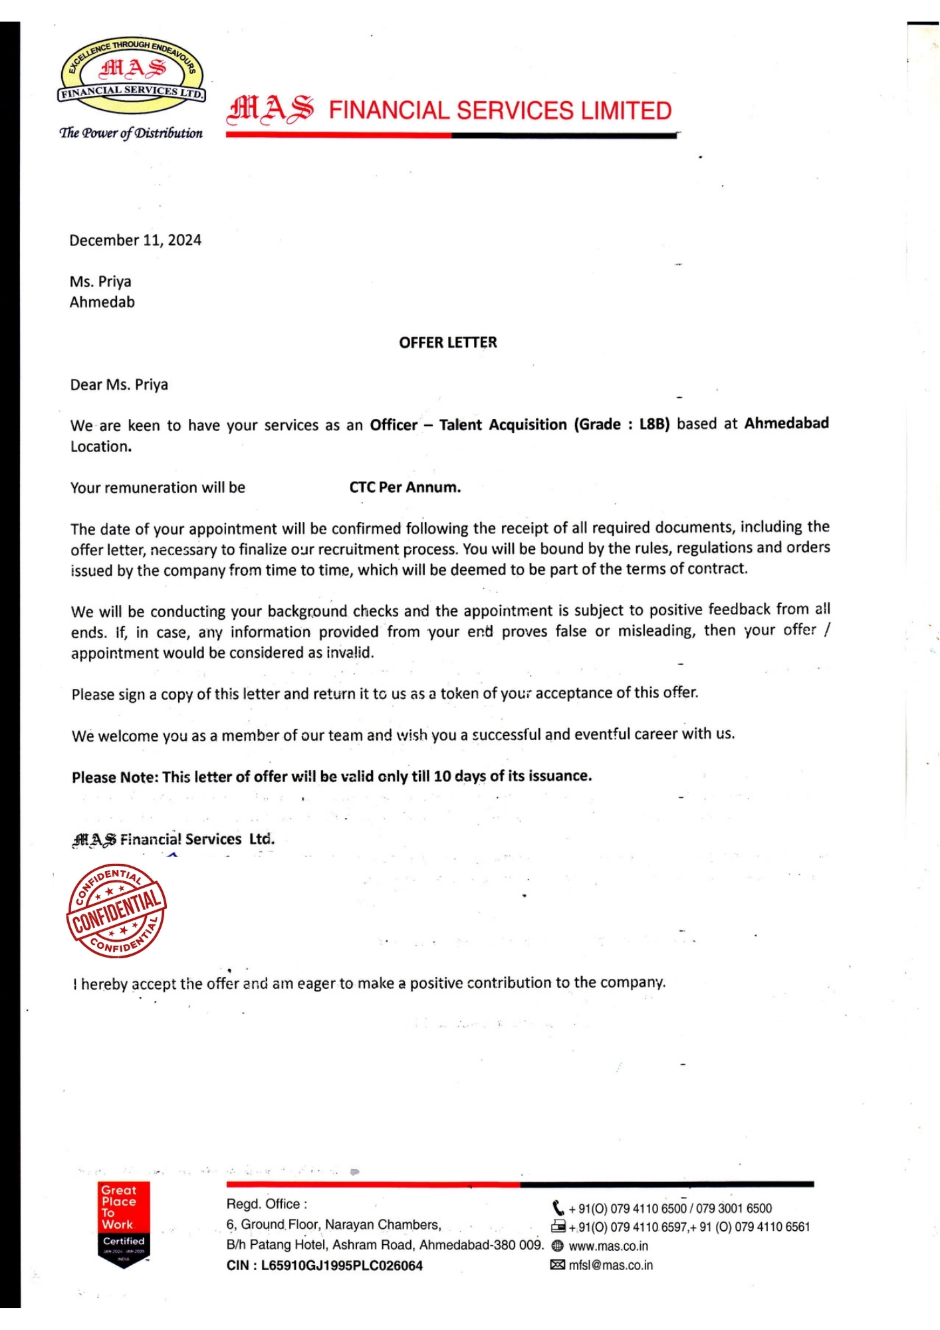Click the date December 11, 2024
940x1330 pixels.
(x=135, y=240)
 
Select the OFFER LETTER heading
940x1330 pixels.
(x=447, y=342)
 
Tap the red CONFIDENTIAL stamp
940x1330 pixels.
(x=116, y=912)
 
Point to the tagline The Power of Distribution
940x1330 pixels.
(x=131, y=133)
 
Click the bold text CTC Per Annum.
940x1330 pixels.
(x=405, y=487)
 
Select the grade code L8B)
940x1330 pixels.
(x=654, y=424)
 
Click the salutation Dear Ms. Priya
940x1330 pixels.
(x=119, y=385)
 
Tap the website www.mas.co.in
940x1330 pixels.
(x=608, y=1246)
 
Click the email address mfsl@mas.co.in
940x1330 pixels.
(x=610, y=1265)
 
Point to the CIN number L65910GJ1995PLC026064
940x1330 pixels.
(x=342, y=1265)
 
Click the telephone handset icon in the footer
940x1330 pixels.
(x=558, y=1208)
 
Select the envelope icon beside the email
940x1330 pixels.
(x=558, y=1265)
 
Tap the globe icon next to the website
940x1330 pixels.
(x=558, y=1246)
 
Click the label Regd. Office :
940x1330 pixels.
(x=267, y=1204)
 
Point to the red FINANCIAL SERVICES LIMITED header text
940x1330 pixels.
(x=500, y=110)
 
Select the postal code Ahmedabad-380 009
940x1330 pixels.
(x=481, y=1245)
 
